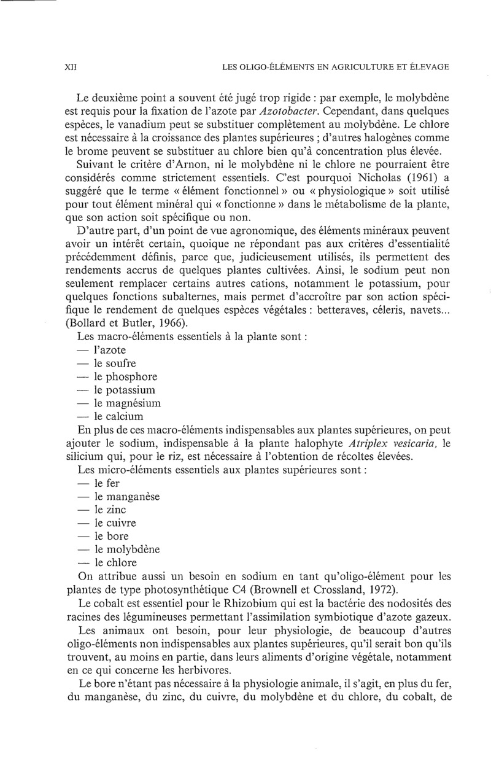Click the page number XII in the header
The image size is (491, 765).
[69, 68]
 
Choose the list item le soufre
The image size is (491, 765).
[115, 363]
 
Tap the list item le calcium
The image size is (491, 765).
[118, 416]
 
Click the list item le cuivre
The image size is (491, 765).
[115, 522]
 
